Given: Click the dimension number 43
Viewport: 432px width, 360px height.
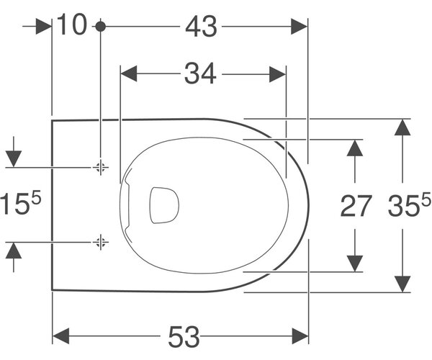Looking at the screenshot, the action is [x=201, y=27].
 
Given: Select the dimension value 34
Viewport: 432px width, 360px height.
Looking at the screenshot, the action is [x=200, y=73].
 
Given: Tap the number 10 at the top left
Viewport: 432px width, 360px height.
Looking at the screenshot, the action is [x=72, y=24].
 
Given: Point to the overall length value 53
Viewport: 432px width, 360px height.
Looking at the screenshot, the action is [x=184, y=336].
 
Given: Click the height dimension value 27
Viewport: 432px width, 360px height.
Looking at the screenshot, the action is [x=356, y=205].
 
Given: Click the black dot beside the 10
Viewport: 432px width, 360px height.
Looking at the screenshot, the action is [x=101, y=27].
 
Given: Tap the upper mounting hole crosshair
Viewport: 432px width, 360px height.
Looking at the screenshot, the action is [x=100, y=167].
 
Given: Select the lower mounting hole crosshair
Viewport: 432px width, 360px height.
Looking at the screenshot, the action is [x=100, y=243].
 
